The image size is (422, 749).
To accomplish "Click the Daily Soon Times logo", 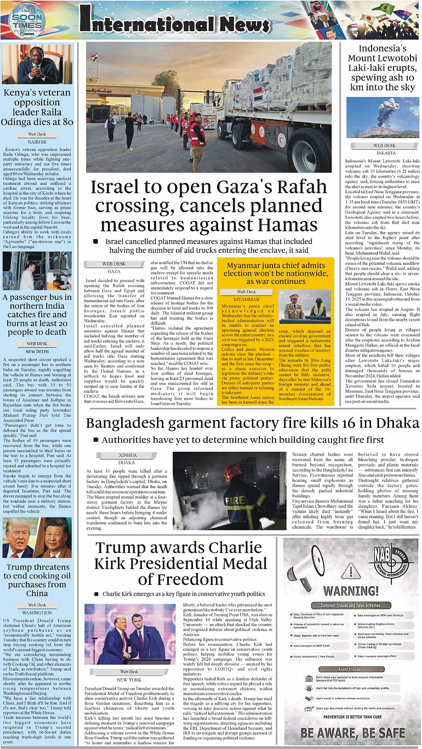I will (26, 20).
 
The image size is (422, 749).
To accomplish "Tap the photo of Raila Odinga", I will (37, 64).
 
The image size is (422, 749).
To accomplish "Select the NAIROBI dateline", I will (37, 141).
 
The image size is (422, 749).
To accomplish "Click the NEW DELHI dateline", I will (37, 351).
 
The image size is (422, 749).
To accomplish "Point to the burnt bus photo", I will (37, 271).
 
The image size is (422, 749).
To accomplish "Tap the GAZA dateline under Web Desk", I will (114, 271).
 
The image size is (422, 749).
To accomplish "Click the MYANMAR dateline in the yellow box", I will (247, 299).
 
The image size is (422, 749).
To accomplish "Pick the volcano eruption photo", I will (382, 118).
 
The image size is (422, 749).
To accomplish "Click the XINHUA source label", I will (127, 455).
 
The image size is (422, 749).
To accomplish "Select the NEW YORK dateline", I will (130, 679).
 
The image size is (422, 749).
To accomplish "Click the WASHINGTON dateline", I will (37, 612).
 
